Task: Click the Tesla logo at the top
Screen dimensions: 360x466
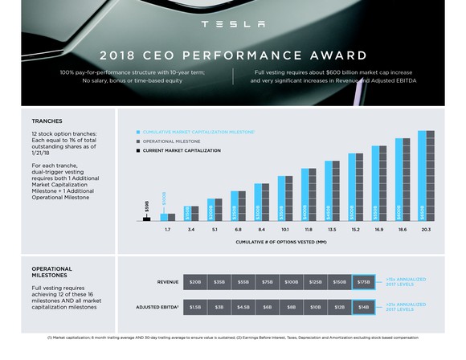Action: coord(232,24)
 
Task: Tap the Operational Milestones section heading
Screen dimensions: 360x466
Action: coord(51,272)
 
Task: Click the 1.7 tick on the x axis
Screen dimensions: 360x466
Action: coord(167,230)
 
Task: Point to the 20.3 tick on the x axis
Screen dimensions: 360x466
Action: coord(425,230)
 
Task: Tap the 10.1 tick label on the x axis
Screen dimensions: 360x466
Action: coord(284,230)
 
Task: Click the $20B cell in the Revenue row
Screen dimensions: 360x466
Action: coord(195,282)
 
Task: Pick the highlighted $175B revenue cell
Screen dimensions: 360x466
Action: coord(364,282)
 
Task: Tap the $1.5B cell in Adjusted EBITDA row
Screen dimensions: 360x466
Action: coord(195,306)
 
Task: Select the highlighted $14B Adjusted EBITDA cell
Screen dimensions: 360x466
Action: coord(364,306)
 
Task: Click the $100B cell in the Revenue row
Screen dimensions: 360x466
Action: coord(292,282)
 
